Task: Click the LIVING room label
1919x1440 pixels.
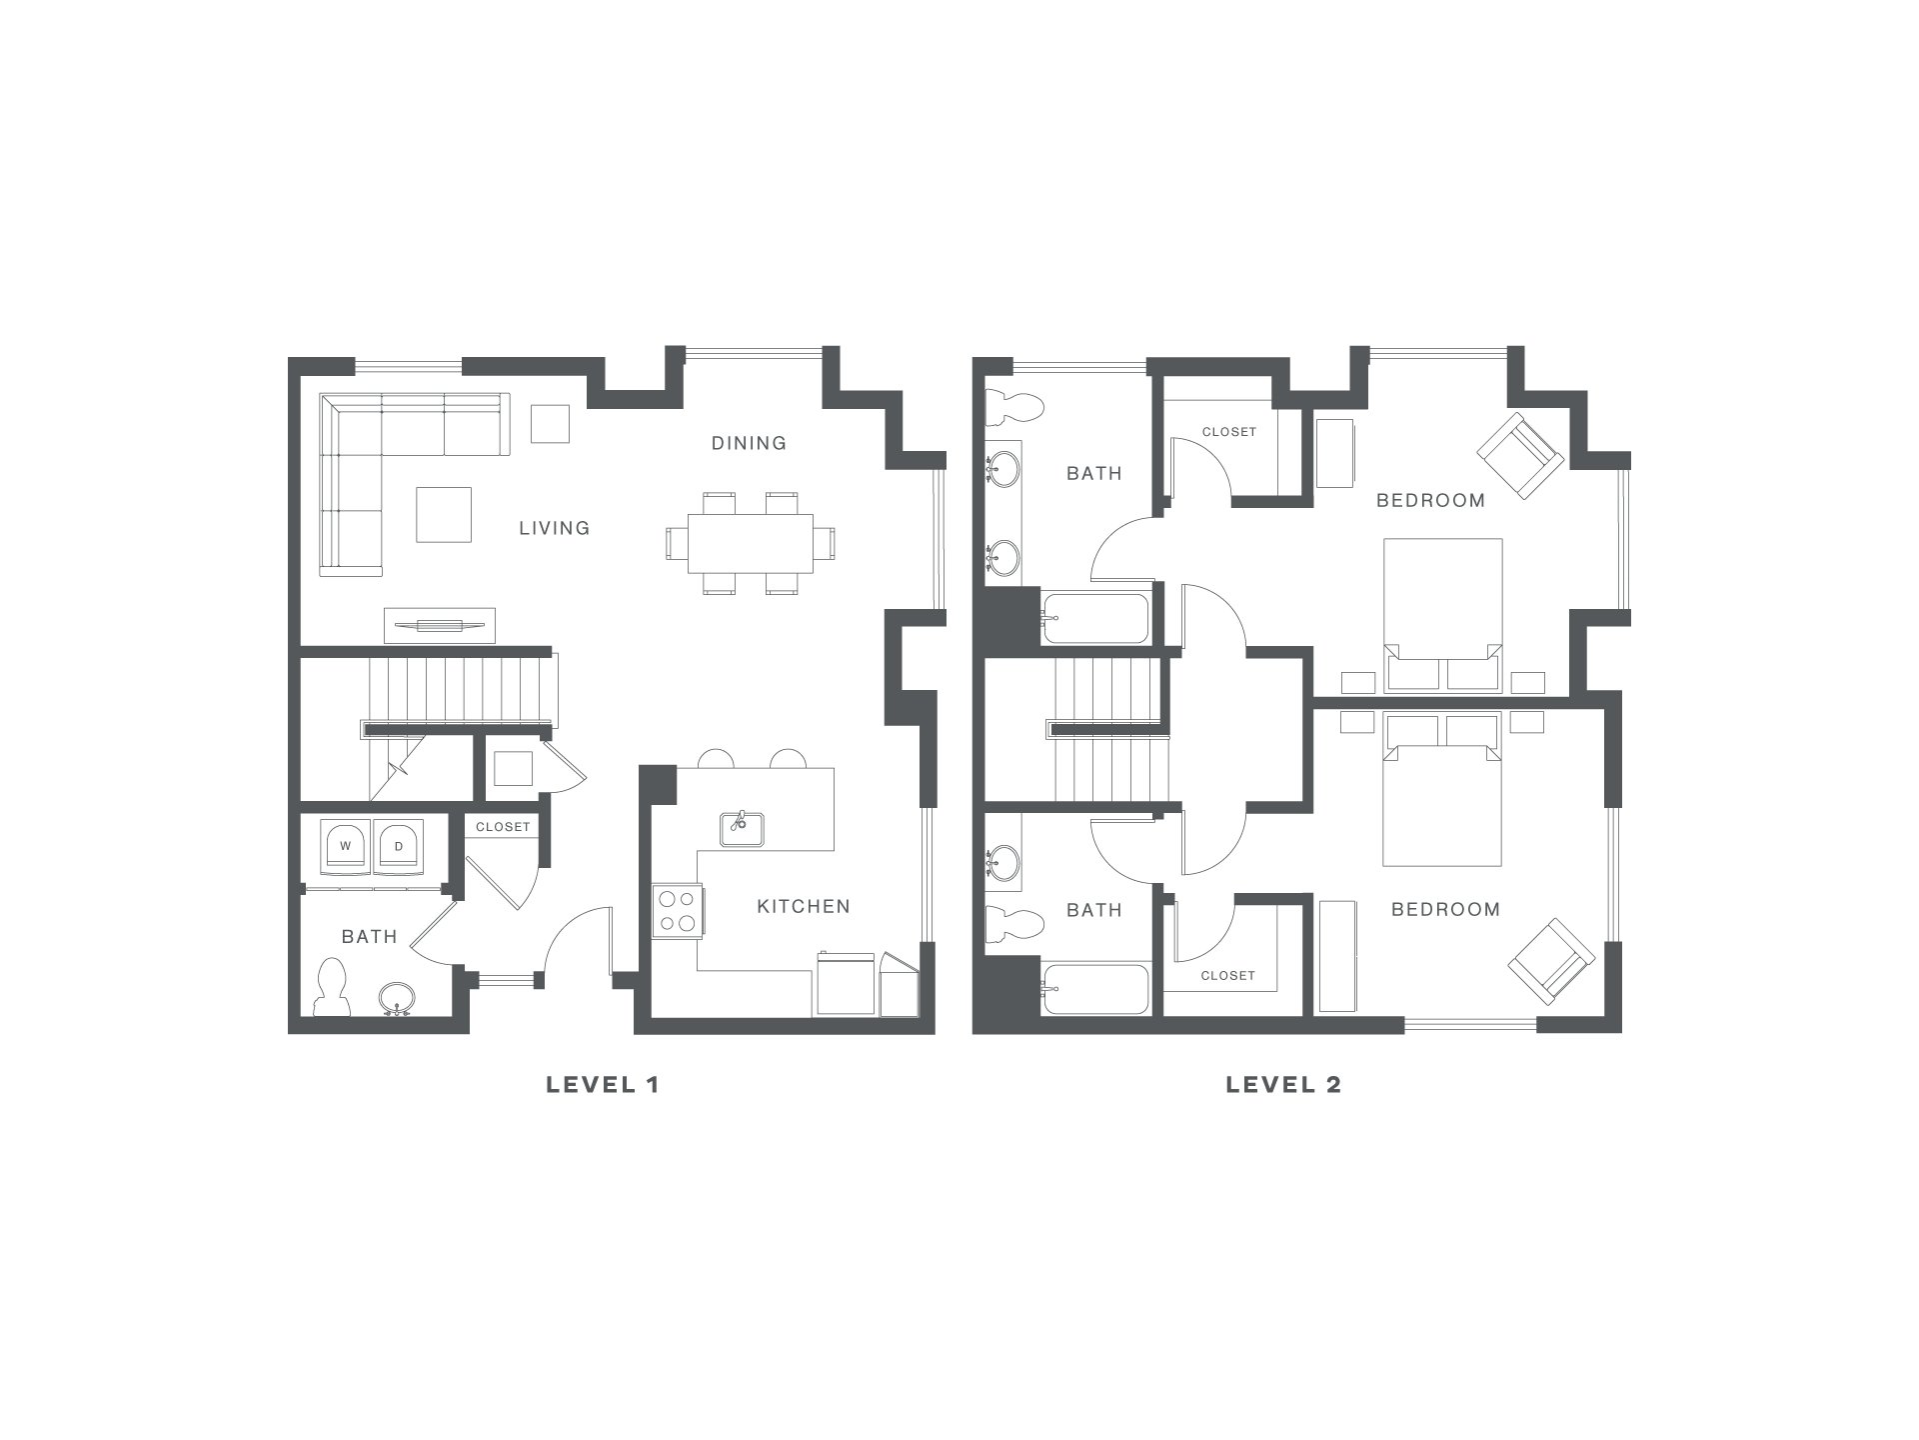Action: tap(554, 528)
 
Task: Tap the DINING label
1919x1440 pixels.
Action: tap(749, 443)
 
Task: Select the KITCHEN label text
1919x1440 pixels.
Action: tap(804, 907)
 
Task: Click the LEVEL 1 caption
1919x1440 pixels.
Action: tap(603, 1084)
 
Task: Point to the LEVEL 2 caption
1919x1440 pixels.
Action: tap(1283, 1084)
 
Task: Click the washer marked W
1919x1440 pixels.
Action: tap(346, 847)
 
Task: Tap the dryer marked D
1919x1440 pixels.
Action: tap(398, 847)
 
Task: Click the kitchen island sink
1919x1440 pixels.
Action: tap(741, 828)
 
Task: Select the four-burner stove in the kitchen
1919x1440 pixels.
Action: tap(677, 911)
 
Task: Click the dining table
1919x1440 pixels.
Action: tap(751, 543)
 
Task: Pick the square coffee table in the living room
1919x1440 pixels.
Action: tap(444, 514)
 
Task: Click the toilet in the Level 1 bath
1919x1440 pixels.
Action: tap(332, 987)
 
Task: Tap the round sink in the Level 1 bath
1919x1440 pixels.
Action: tap(397, 998)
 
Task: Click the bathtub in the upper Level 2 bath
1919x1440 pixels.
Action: tap(1095, 619)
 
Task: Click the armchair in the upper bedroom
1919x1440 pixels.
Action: tap(1520, 456)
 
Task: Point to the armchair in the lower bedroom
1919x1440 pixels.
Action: tap(1550, 961)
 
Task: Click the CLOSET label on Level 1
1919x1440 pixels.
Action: tap(503, 827)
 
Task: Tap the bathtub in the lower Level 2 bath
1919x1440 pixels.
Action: tap(1095, 990)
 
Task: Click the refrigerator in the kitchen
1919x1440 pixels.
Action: tap(846, 984)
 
